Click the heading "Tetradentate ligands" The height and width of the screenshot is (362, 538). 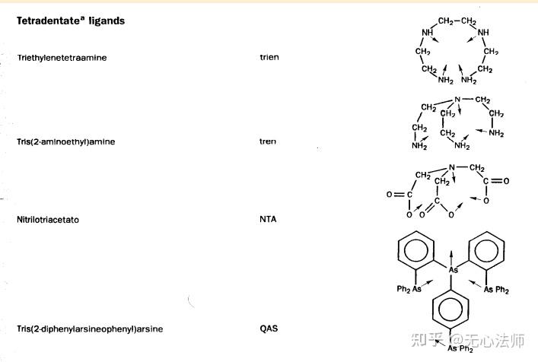tap(71, 21)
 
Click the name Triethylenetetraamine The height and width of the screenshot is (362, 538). tap(62, 58)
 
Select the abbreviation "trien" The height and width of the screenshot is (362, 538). tap(269, 58)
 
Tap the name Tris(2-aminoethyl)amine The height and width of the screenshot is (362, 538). tap(66, 141)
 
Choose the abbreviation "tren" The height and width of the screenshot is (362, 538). tap(267, 141)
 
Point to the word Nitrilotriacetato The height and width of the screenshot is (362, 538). tap(48, 220)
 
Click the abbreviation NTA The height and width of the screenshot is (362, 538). tap(267, 220)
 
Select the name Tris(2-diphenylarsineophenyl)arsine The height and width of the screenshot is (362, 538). tap(90, 329)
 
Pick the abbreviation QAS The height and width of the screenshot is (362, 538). tap(268, 329)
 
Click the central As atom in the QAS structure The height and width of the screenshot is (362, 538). tap(453, 269)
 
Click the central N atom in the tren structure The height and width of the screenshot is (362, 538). tap(457, 100)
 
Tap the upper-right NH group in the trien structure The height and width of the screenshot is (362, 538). tap(485, 33)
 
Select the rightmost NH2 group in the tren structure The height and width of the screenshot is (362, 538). tap(496, 134)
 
